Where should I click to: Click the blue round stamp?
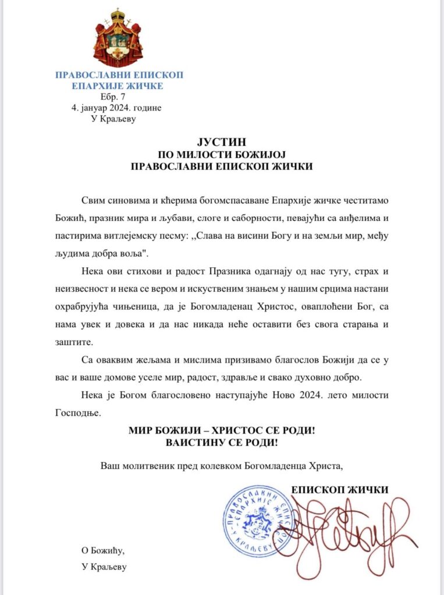[x=259, y=520]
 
